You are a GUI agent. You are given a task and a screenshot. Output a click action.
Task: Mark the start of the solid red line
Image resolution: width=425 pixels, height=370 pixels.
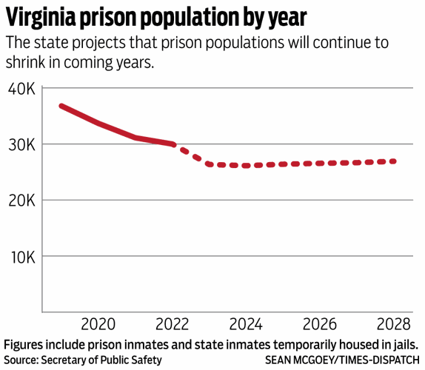click(x=61, y=106)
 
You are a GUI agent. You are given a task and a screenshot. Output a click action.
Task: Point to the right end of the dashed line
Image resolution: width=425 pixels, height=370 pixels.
click(x=394, y=161)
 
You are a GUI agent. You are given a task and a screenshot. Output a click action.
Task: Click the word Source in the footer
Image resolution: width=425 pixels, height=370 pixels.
click(x=24, y=360)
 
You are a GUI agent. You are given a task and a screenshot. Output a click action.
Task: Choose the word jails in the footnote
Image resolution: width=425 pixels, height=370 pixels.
click(x=404, y=344)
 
